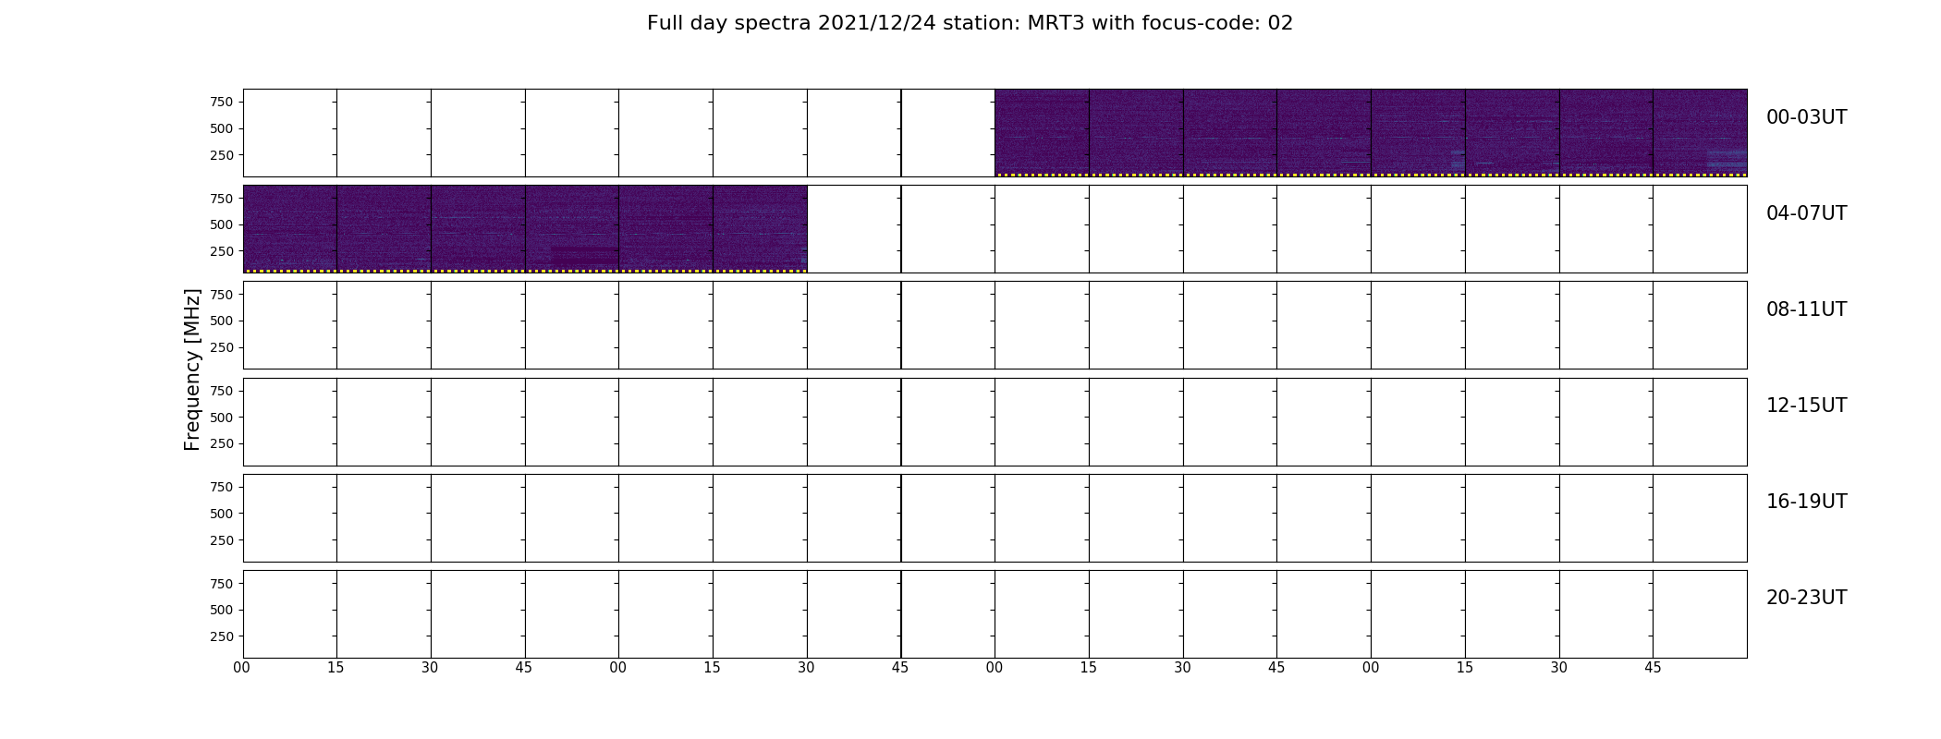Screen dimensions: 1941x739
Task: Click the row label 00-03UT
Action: (1806, 117)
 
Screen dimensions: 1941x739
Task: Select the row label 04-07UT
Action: (1806, 213)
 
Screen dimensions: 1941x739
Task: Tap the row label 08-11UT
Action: (1806, 309)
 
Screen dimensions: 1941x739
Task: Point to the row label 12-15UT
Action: (1806, 406)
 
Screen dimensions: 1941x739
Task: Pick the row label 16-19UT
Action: (1806, 502)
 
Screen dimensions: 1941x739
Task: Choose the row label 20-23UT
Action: (1806, 598)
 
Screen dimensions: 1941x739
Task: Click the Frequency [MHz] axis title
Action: (192, 369)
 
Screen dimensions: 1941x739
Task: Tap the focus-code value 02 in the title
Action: (1280, 23)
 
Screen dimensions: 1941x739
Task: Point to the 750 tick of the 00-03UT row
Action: (221, 102)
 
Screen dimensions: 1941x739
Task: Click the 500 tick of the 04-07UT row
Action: (221, 224)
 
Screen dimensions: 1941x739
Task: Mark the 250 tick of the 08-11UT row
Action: (221, 347)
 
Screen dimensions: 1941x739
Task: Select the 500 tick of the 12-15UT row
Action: (221, 418)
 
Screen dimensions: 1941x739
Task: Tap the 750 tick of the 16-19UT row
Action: (221, 487)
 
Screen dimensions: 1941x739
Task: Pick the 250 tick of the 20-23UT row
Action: (221, 636)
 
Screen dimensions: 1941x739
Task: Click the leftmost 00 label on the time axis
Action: (242, 668)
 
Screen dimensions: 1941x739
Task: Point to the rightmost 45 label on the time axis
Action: (1653, 668)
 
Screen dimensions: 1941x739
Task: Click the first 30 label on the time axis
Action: (430, 668)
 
